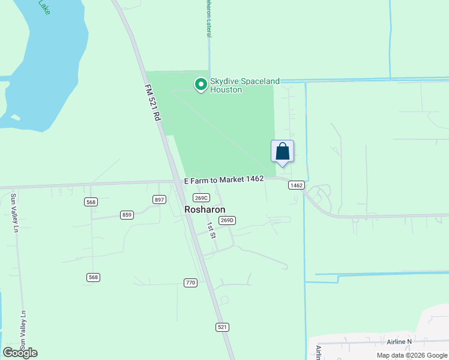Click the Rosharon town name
point(205,210)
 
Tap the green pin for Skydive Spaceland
point(201,85)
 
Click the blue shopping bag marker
point(282,152)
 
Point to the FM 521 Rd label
point(154,104)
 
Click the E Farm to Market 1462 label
point(224,179)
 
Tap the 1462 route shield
point(295,185)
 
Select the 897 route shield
point(159,199)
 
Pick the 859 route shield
point(127,215)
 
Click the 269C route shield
point(201,198)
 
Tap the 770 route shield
point(190,282)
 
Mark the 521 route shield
point(222,327)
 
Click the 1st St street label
point(211,230)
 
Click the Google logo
point(20,353)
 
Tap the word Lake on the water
point(44,6)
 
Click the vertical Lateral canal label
point(208,18)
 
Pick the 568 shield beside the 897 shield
point(91,202)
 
